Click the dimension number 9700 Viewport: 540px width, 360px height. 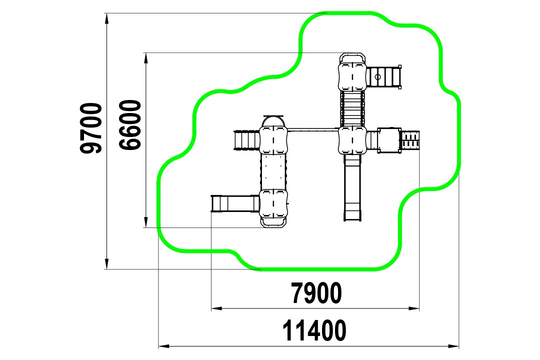pos(91,128)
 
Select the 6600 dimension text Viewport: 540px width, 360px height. pos(130,124)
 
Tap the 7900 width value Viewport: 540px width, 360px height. pos(316,293)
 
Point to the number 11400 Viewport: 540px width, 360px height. pos(314,330)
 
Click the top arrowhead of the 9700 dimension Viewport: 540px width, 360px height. pos(107,19)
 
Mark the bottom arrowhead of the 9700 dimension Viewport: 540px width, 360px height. pos(107,263)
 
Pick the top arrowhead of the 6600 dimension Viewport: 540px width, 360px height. pos(145,58)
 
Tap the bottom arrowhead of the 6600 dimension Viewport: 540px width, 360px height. pos(145,222)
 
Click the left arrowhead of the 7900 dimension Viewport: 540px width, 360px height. pos(217,308)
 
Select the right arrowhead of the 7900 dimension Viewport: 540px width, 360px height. pos(413,308)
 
